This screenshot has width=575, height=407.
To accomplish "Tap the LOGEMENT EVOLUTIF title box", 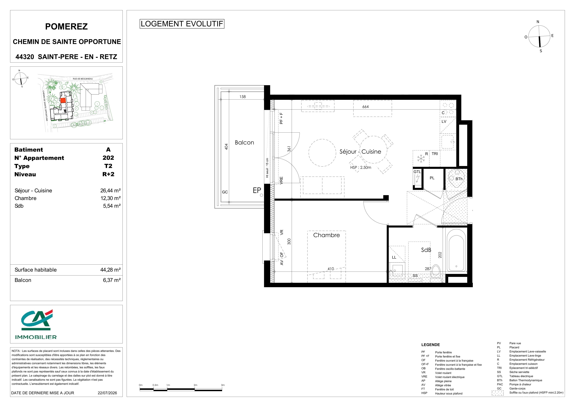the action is [x=182, y=24].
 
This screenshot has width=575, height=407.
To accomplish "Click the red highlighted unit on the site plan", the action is [x=63, y=100].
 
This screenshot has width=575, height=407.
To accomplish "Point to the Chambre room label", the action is [x=326, y=235].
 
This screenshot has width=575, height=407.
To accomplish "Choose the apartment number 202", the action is [x=108, y=158].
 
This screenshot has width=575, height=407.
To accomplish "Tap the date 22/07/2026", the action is [x=107, y=393].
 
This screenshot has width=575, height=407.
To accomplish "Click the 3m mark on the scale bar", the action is [x=223, y=385].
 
